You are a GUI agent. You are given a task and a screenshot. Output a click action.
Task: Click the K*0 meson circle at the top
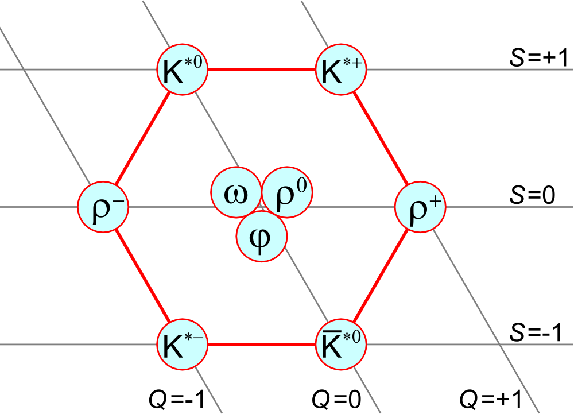[183, 69]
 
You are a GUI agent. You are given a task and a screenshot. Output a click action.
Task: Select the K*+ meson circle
[341, 69]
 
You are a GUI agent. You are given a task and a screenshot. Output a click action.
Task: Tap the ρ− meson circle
[103, 207]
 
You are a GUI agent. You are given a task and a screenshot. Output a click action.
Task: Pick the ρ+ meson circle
[420, 207]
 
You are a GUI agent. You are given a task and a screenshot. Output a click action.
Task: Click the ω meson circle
[236, 192]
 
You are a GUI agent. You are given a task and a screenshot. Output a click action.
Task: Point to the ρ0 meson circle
[288, 192]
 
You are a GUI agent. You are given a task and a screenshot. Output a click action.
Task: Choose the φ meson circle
[261, 236]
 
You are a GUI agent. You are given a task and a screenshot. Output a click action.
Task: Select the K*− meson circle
[183, 345]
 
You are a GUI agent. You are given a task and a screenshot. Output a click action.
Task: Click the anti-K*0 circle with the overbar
[341, 345]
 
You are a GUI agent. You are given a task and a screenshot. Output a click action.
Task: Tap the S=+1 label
[539, 57]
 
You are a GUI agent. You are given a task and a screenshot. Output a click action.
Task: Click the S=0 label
[532, 195]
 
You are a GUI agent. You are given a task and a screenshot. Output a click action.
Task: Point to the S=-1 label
[536, 332]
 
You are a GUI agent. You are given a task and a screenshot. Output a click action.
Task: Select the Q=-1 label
[177, 399]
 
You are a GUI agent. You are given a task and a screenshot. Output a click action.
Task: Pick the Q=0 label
[336, 399]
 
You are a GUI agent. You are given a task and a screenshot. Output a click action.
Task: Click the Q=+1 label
[491, 399]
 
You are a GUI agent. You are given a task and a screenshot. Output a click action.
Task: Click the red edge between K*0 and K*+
[262, 69]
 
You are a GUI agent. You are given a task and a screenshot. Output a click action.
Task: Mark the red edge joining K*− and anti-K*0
[262, 345]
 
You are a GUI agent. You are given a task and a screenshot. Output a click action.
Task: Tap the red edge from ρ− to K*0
[143, 138]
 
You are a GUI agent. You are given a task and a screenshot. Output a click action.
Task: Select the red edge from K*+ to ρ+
[381, 138]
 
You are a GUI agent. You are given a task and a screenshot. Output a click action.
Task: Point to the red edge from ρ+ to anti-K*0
[381, 276]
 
